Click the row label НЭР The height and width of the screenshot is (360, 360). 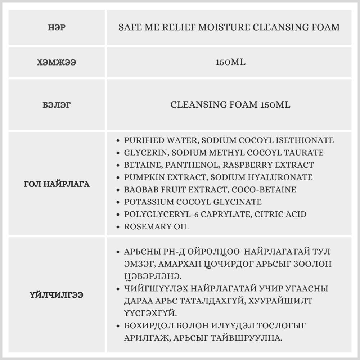(57, 27)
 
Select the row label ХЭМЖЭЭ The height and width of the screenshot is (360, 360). (57, 62)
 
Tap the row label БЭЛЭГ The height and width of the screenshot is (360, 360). (57, 105)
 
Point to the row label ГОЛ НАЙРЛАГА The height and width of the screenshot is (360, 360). (57, 184)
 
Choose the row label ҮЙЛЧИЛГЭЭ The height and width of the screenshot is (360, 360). (57, 295)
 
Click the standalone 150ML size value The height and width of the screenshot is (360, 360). (230, 62)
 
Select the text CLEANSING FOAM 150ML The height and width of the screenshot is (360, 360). (230, 105)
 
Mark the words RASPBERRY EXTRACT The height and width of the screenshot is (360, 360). (268, 165)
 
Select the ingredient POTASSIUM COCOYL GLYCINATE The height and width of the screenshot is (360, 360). (193, 202)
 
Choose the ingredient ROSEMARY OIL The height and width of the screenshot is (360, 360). (156, 226)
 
